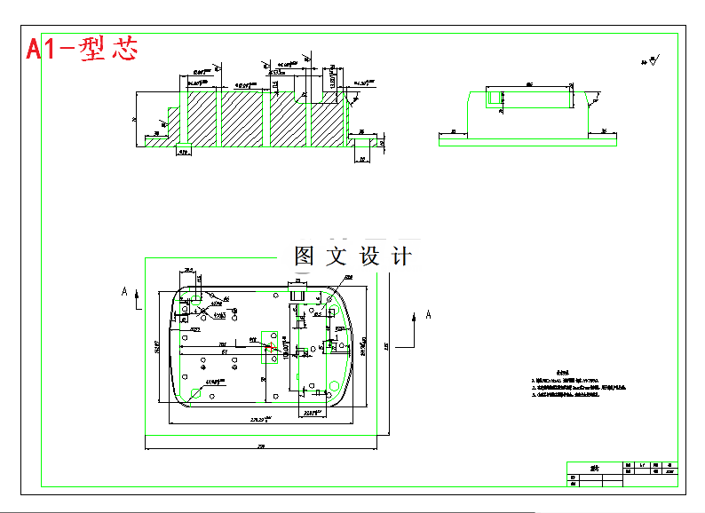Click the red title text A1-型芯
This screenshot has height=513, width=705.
[x=82, y=49]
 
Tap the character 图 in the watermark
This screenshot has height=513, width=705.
[x=305, y=256]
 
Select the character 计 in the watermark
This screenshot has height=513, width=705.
[x=401, y=256]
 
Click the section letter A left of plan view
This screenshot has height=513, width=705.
[x=124, y=290]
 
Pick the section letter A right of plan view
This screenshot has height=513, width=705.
[x=429, y=314]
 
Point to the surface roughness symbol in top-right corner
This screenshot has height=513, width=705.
[x=653, y=61]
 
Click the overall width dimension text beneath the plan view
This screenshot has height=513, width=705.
[x=261, y=445]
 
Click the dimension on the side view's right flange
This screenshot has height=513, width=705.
[x=604, y=130]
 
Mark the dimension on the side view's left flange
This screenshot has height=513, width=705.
[x=452, y=130]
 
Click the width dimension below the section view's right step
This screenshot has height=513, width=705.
[x=362, y=160]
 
